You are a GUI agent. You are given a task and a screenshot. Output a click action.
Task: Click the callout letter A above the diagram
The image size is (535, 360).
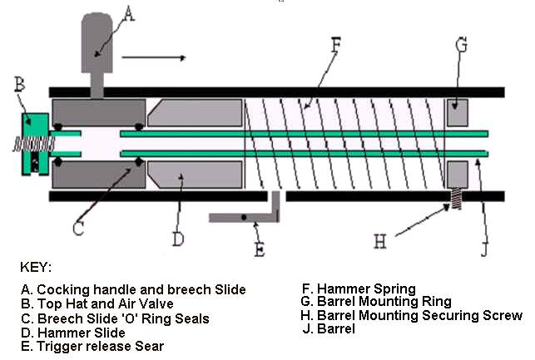click(x=127, y=12)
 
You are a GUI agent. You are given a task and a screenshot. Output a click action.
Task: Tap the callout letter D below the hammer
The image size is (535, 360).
click(x=177, y=240)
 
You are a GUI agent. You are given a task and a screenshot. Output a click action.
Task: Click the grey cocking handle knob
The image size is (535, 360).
click(x=98, y=42)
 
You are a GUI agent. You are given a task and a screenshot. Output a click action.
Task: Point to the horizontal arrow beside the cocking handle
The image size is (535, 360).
click(x=155, y=58)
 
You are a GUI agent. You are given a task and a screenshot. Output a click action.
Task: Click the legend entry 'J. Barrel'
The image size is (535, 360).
click(x=331, y=328)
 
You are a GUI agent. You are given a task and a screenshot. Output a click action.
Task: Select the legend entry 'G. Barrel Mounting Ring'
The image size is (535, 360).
click(x=376, y=302)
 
